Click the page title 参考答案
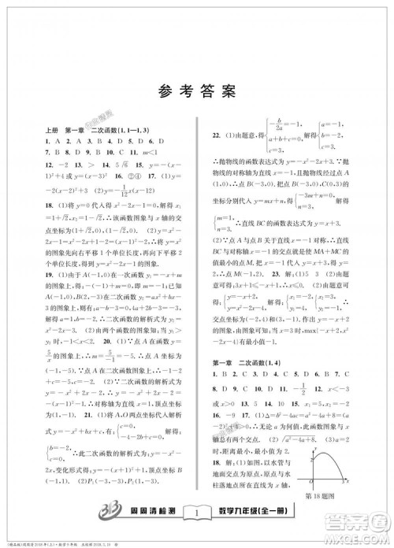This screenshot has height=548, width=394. (x=196, y=90)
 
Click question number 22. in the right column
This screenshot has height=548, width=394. (x=210, y=136)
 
